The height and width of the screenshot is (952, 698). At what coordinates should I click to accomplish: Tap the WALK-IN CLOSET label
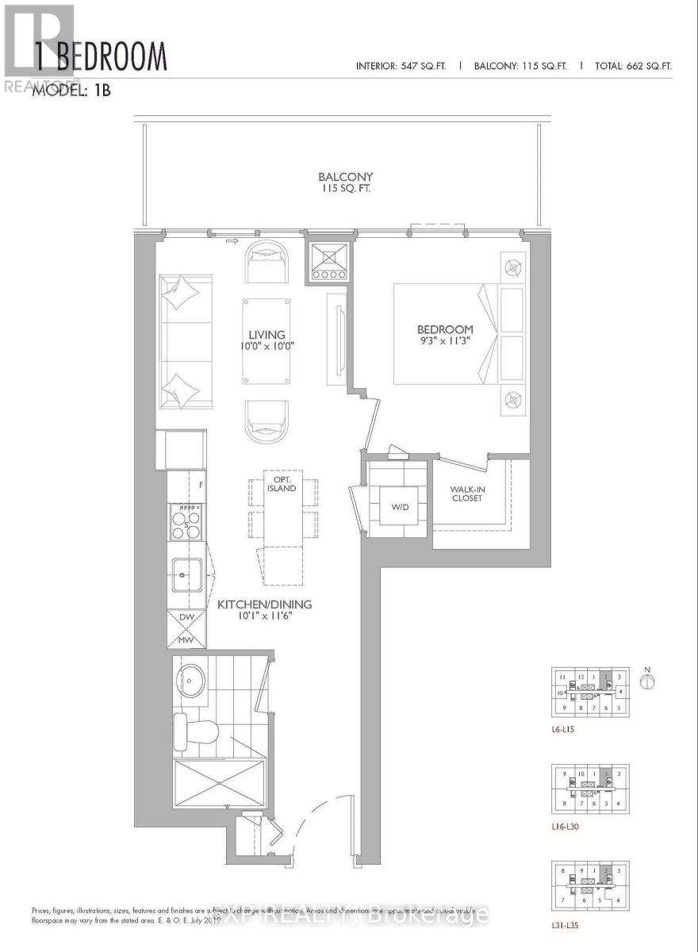467,493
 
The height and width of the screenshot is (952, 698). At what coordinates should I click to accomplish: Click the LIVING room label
266,335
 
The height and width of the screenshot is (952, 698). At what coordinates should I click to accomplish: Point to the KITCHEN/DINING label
265,605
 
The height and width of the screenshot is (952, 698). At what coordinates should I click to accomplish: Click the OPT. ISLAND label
282,483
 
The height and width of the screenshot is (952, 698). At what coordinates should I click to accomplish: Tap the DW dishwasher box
187,616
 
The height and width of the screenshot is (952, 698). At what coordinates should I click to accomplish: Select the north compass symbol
648,679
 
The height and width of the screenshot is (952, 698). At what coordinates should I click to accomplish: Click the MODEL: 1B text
70,90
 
